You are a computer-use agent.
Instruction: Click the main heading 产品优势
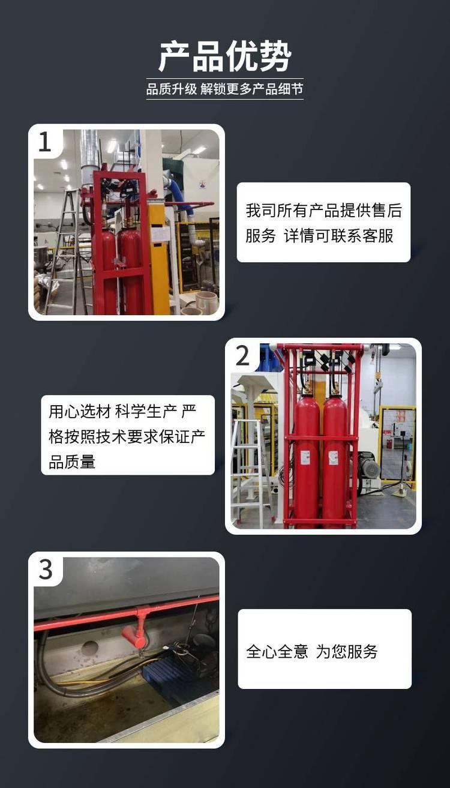pos(225,56)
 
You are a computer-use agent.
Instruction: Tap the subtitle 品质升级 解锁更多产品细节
pos(224,89)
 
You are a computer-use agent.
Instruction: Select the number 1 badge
pos(44,142)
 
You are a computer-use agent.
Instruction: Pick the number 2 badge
pos(242,356)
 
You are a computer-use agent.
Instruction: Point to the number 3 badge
pos(46,570)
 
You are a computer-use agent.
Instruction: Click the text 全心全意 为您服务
pos(312,652)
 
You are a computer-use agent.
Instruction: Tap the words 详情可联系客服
pos(338,236)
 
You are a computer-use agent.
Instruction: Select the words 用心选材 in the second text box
pos(80,411)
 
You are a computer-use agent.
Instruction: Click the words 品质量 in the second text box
pos(72,462)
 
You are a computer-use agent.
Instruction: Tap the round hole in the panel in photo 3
pos(89,648)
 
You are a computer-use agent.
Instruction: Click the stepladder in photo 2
pos(251,471)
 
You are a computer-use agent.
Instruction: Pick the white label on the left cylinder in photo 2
pos(305,457)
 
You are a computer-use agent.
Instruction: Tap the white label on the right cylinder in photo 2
pos(333,457)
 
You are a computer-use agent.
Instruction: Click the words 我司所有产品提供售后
pos(324,211)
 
